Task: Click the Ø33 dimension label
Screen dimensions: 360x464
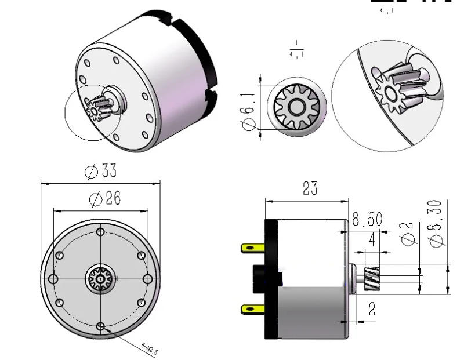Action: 100,172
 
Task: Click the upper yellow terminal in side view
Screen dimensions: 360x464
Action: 250,249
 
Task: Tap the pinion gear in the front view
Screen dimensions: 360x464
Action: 100,279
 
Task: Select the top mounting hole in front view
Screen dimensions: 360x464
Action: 100,232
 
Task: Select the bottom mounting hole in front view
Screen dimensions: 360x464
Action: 100,326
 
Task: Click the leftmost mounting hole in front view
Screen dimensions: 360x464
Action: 53,279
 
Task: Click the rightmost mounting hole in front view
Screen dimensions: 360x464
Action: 148,279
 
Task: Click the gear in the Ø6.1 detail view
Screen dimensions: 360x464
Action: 296,107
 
